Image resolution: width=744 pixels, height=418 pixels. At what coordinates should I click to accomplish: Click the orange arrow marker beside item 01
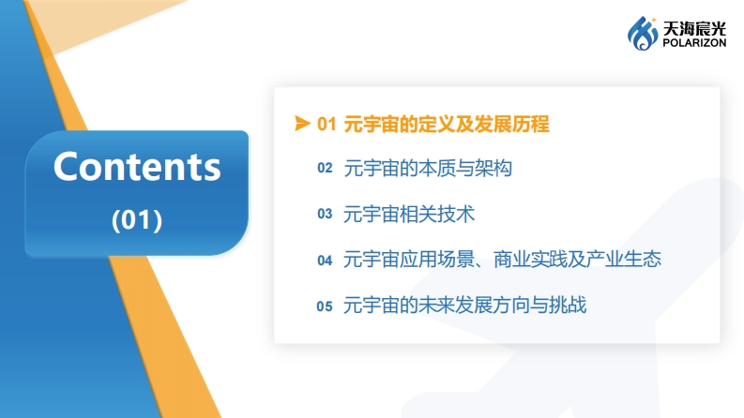point(302,123)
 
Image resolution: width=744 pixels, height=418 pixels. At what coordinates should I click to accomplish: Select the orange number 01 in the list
point(326,124)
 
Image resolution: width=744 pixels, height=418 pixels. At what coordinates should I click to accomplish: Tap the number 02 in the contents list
point(325,168)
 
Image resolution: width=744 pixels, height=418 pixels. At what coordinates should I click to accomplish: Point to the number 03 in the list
point(325,214)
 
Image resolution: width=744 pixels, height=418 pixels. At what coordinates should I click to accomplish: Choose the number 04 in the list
point(325,261)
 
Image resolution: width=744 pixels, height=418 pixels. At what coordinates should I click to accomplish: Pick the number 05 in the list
point(325,306)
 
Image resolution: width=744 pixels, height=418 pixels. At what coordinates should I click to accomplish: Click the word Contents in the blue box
point(137,166)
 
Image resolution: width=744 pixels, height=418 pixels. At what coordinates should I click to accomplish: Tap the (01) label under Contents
point(137,220)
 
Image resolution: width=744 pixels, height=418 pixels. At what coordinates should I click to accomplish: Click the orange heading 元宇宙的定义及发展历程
point(447,124)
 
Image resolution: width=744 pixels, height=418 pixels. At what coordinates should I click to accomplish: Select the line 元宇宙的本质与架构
point(428,169)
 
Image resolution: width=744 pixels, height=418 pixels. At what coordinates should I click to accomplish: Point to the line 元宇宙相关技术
point(409,215)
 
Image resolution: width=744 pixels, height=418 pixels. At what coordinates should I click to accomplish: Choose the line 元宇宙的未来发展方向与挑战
point(465,305)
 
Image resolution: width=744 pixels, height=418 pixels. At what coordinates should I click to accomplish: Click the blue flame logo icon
point(643,33)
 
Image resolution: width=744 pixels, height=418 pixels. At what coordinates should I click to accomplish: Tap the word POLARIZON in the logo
point(694,43)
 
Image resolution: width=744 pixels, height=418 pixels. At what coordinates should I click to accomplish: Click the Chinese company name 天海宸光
point(694,28)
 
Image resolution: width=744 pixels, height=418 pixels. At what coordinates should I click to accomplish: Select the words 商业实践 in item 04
point(530,260)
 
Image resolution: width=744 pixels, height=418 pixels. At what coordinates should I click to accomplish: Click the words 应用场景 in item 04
point(436,260)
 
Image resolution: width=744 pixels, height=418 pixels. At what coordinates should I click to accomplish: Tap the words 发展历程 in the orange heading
point(512,124)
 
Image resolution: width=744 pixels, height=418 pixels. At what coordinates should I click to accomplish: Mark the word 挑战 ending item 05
point(568,305)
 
